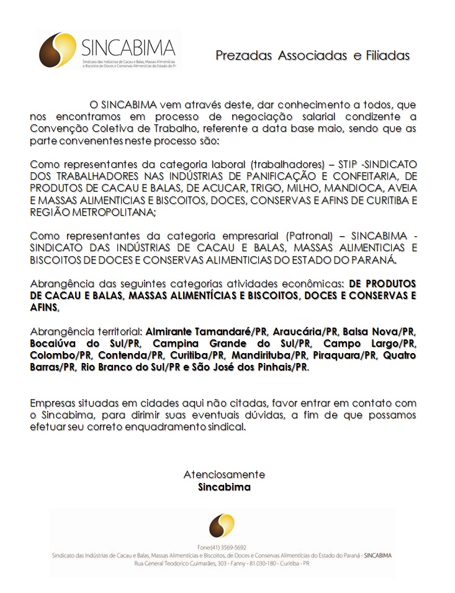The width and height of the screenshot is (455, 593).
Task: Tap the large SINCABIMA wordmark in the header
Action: (128, 47)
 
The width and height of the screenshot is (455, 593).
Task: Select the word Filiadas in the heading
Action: (388, 55)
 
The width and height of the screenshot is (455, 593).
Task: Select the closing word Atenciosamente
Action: (224, 474)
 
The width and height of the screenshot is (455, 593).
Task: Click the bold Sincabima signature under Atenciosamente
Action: (224, 487)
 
